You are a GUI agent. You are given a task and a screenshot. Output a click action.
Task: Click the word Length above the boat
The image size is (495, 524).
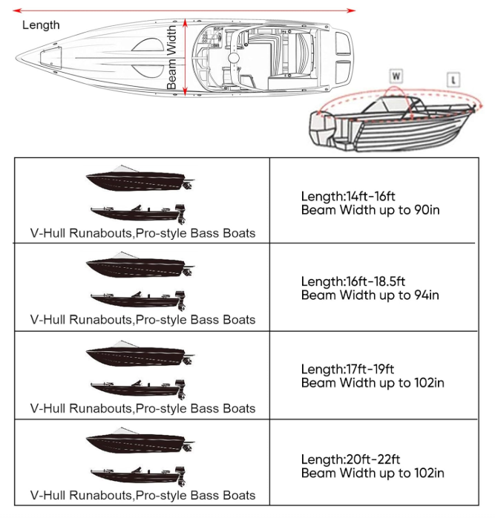pos(41,24)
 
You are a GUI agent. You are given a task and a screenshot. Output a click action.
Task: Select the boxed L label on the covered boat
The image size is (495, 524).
pos(453,79)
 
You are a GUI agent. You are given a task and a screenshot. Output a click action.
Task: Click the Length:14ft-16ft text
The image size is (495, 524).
pos(348,196)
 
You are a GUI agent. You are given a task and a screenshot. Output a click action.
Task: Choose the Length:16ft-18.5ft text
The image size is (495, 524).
pos(353,282)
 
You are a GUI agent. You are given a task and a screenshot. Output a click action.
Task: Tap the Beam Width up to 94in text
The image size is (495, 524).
pos(370,295)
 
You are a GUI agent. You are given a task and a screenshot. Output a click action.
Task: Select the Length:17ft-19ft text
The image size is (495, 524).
pos(348,369)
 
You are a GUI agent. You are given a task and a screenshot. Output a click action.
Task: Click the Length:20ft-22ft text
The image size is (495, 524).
pos(349,459)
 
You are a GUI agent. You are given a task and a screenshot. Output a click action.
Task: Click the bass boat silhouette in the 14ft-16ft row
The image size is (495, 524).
pos(138,212)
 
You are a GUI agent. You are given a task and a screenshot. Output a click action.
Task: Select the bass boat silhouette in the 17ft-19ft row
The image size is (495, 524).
pos(138,387)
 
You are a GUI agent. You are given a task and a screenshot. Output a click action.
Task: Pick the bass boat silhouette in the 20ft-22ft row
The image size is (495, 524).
pos(138,474)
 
